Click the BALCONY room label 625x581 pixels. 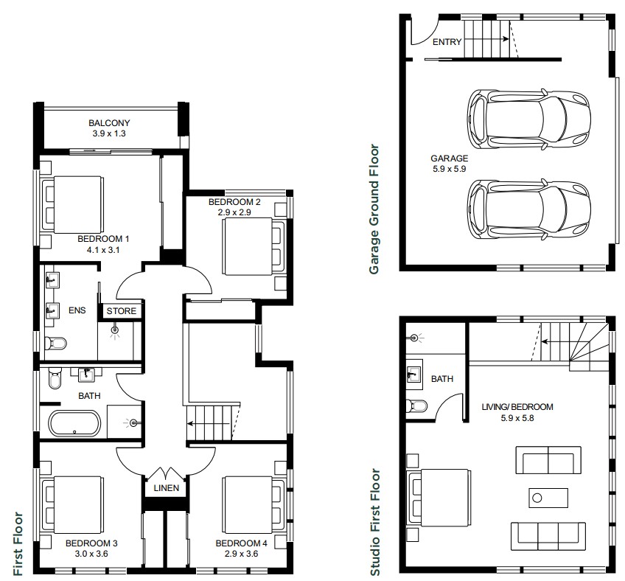pos(109,123)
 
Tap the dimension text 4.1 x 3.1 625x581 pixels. pos(103,250)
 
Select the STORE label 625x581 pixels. pos(121,311)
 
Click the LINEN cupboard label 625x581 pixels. pos(167,488)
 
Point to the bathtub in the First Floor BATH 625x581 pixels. pos(74,423)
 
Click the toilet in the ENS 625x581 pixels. pos(55,343)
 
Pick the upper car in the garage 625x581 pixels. pos(528,119)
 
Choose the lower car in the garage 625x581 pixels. pos(528,209)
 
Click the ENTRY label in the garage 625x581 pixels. pos(447,42)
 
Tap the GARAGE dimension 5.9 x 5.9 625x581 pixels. pos(450,169)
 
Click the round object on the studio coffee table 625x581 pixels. pos(537,498)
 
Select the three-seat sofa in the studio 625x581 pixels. pos(548,537)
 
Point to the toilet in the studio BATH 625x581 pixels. pos(416,406)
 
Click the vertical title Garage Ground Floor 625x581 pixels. pos(374,209)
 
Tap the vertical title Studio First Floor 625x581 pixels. pos(375,522)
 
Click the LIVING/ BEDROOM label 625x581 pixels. pos(517,407)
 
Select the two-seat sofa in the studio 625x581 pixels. pos(548,460)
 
